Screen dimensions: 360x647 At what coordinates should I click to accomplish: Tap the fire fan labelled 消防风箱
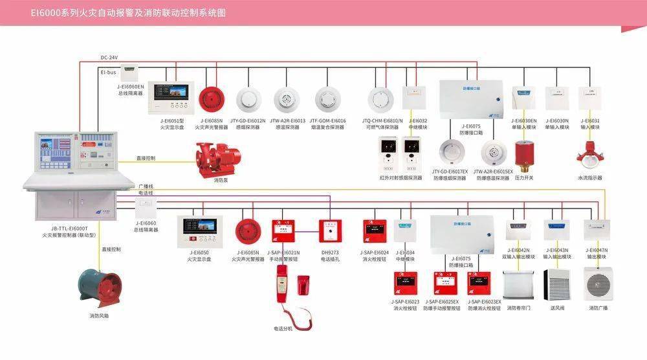tap(100, 288)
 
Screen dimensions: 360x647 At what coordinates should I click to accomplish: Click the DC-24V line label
tap(109, 58)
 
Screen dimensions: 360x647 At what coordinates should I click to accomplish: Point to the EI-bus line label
tap(108, 73)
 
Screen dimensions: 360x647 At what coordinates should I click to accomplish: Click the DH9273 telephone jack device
tap(330, 231)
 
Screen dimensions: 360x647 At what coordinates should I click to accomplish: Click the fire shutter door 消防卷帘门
tap(518, 284)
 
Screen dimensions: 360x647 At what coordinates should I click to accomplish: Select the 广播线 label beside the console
tap(146, 186)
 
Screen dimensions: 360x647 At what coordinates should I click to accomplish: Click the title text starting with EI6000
tap(124, 12)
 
